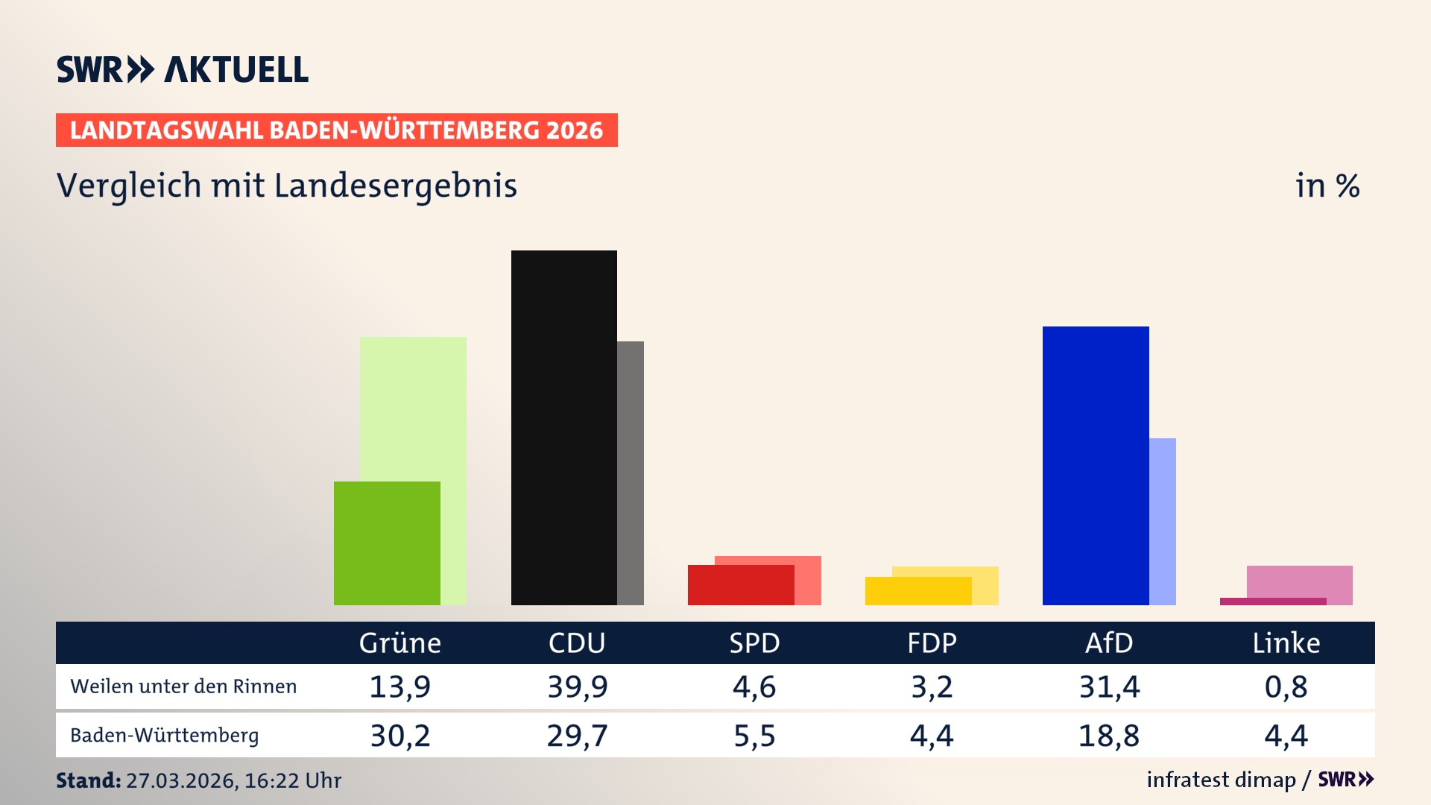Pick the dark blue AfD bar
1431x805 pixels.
1095,465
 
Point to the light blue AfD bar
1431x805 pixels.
1163,521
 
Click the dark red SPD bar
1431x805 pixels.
740,585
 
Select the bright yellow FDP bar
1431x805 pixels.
917,591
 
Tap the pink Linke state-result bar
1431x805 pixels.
1299,581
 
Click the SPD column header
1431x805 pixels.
754,643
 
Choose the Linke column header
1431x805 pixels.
1286,643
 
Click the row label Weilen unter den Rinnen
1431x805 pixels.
183,686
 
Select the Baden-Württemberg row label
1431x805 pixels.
165,736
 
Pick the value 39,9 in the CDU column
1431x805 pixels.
578,686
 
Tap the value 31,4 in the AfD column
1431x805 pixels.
1109,686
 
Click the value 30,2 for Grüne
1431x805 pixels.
400,736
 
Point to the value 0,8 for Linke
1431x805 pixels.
1286,686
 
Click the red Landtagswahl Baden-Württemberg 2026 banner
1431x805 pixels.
336,130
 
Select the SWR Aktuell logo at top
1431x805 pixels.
183,69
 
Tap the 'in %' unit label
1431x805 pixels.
1327,186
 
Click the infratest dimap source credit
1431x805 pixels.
1221,780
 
